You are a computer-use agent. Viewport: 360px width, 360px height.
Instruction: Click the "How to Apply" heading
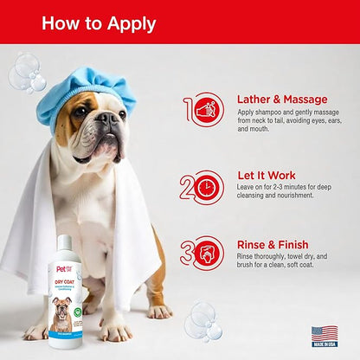(x=100, y=22)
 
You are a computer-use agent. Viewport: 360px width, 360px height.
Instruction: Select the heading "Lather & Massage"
(x=281, y=99)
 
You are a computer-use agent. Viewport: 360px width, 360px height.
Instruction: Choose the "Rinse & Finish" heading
(x=273, y=245)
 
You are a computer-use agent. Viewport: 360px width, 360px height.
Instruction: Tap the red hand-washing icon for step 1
(x=205, y=110)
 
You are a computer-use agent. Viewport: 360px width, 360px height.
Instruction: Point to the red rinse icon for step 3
(x=205, y=256)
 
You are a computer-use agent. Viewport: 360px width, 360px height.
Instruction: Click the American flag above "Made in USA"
(x=325, y=334)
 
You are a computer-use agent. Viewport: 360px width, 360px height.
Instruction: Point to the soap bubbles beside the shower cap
(x=26, y=73)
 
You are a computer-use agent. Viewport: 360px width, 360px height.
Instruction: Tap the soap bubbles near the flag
(x=202, y=321)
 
